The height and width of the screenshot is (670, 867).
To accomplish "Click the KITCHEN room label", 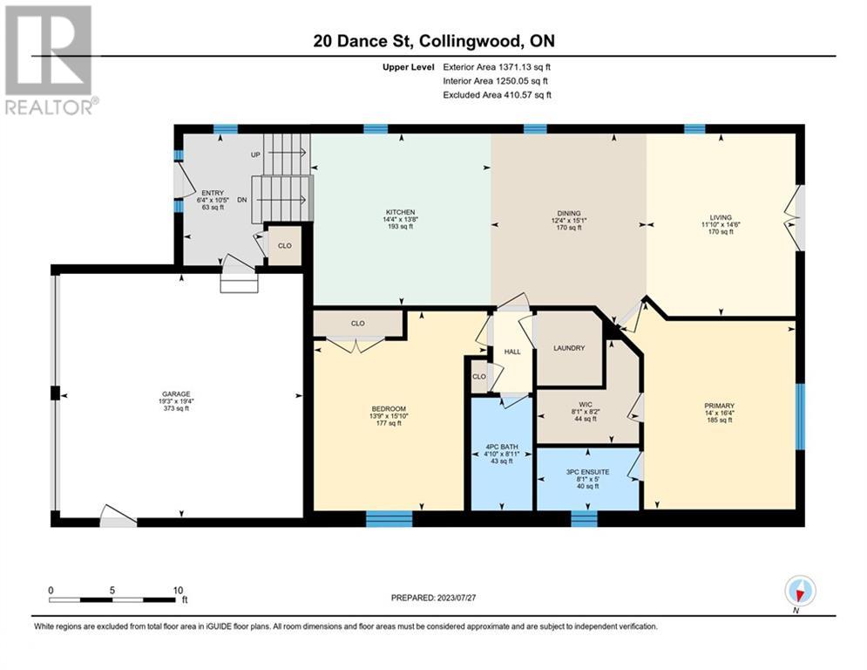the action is [400, 212].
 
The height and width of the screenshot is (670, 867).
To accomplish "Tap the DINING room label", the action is [569, 213].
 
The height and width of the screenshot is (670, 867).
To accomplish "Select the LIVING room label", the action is [721, 217].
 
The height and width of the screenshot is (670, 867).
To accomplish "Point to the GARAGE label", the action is [176, 394].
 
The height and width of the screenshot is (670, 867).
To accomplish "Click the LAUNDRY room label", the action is [569, 348].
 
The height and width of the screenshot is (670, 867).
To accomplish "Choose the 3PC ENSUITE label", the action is [587, 472].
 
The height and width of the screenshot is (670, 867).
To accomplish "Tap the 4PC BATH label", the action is [502, 447].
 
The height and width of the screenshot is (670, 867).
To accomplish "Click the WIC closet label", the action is [586, 405].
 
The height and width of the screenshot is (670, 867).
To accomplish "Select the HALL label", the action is [512, 352].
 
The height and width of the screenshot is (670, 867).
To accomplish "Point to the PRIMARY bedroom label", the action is [720, 406].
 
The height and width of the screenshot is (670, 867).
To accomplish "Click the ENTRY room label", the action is [213, 194].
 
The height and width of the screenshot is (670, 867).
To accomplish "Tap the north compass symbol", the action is [800, 591].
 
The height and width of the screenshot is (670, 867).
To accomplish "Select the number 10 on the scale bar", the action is [178, 591].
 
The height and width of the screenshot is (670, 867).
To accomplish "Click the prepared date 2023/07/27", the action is [457, 598].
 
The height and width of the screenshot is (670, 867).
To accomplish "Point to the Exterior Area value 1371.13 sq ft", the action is [525, 67].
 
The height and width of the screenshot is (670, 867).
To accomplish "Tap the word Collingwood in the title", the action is [471, 41].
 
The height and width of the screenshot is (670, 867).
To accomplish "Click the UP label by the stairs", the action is [255, 155].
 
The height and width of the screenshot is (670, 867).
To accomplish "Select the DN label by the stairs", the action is [242, 200].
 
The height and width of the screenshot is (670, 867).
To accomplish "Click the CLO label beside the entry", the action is [285, 245].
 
